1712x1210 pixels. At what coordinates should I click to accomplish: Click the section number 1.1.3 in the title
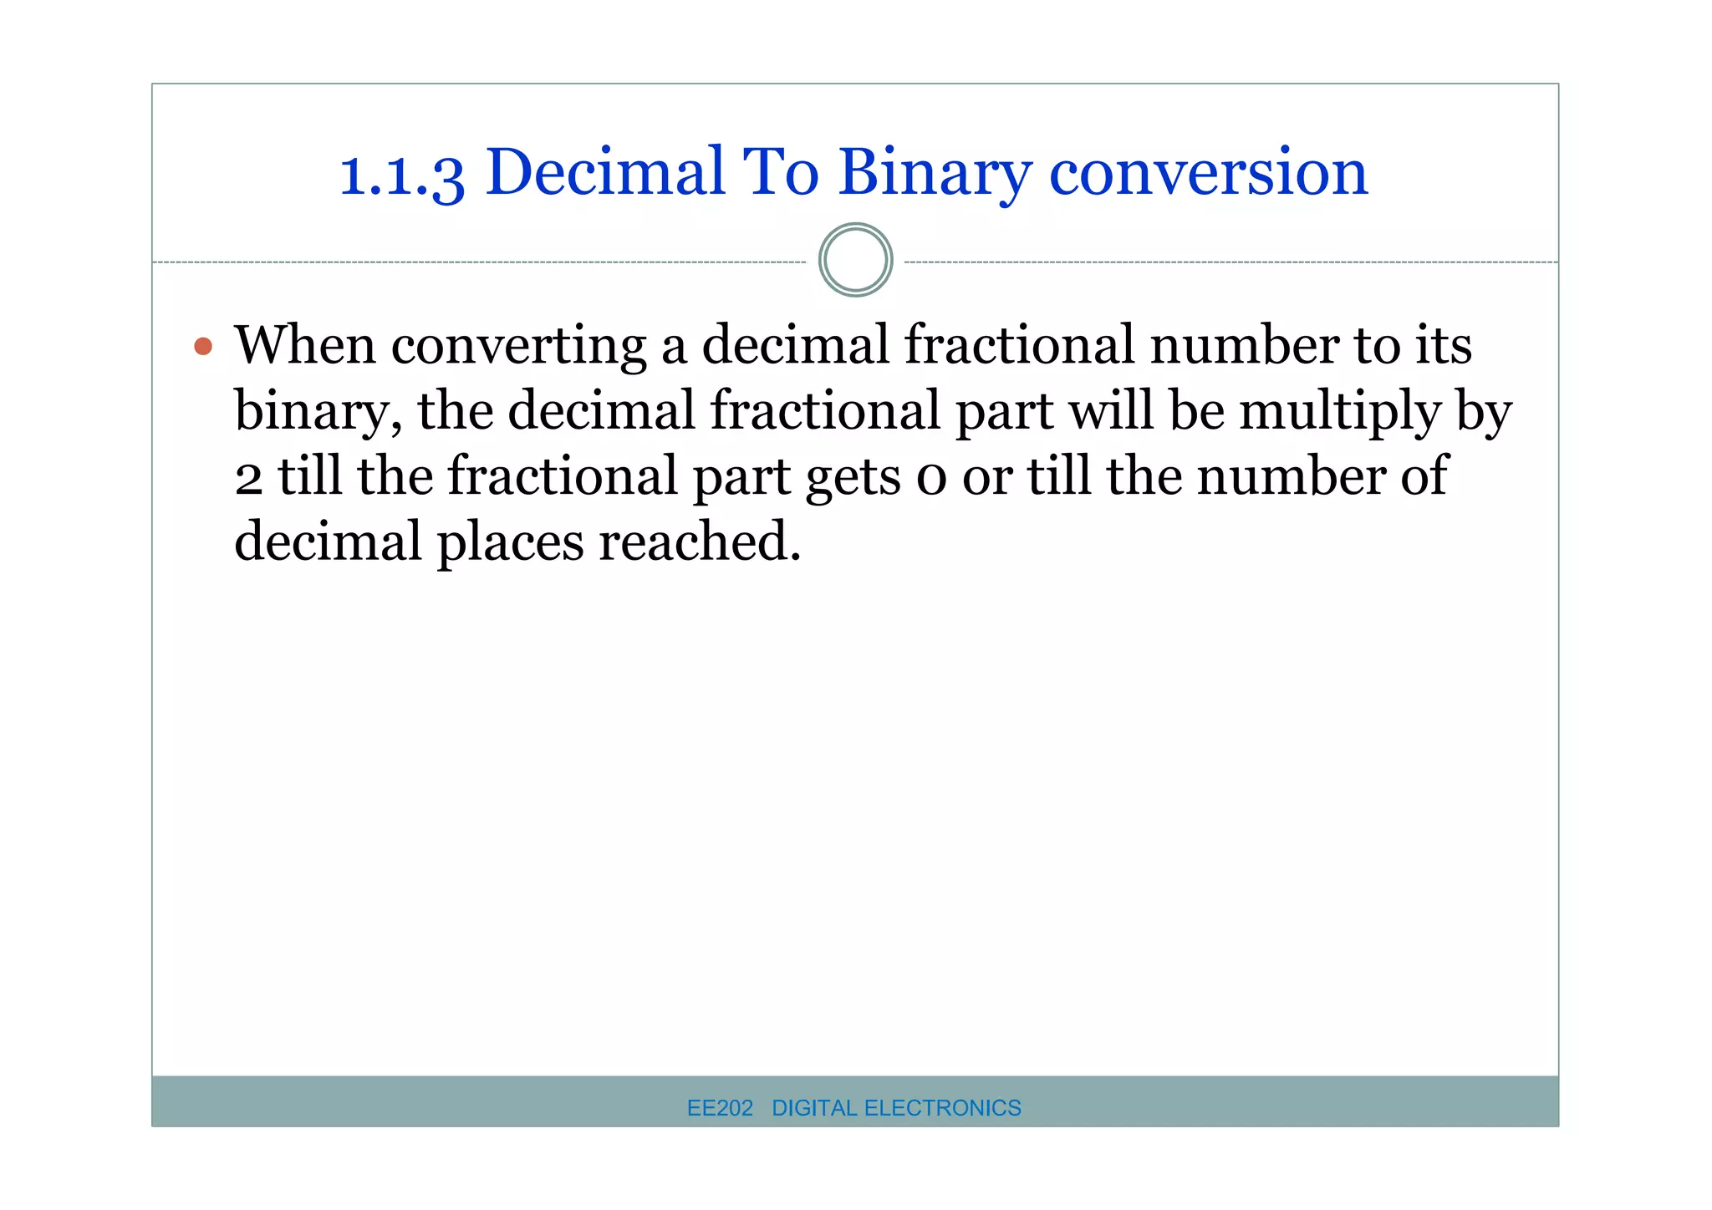(x=401, y=174)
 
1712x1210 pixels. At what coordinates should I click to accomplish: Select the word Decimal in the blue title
(x=604, y=171)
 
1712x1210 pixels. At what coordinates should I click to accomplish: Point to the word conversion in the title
(x=1208, y=173)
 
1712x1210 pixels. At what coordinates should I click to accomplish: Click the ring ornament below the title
(x=855, y=260)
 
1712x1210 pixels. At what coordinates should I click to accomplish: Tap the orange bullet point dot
(x=203, y=346)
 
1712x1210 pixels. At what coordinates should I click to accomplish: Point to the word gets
(x=853, y=479)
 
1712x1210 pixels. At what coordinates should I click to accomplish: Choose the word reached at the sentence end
(x=700, y=541)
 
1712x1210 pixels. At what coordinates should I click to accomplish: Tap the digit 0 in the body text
(x=931, y=479)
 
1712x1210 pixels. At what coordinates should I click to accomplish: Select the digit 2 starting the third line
(x=248, y=479)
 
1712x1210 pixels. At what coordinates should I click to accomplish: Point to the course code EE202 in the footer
(x=720, y=1108)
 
